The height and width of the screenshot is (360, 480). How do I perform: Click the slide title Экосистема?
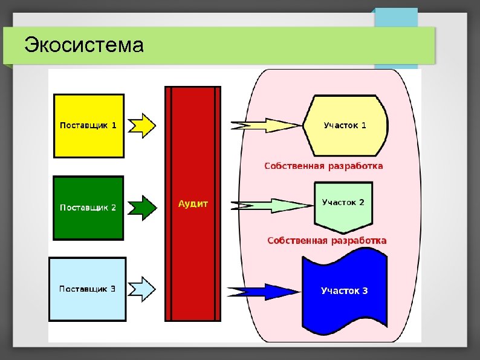tap(83, 45)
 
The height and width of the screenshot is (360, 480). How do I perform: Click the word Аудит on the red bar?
tap(193, 204)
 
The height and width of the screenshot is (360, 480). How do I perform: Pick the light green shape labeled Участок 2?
tap(343, 206)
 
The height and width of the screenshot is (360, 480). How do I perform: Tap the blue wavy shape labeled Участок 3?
tap(344, 291)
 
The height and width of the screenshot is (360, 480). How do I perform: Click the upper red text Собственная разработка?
tap(323, 166)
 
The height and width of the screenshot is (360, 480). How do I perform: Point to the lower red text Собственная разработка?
tap(326, 241)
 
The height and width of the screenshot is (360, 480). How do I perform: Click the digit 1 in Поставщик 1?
tap(114, 126)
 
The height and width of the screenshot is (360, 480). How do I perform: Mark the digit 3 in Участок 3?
tap(365, 291)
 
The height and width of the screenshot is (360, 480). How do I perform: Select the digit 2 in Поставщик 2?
tap(113, 208)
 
